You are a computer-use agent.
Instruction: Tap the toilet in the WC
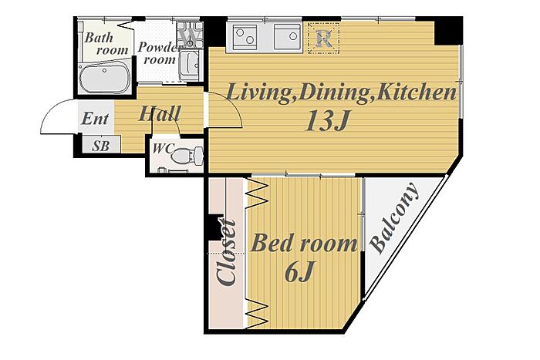point(187,155)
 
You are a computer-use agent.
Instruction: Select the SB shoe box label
point(100,146)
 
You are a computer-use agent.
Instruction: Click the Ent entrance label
point(95,119)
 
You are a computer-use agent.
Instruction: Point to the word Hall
point(159,113)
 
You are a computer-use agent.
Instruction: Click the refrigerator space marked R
point(324,38)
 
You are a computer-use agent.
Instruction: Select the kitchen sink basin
point(287,36)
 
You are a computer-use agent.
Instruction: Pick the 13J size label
point(327,121)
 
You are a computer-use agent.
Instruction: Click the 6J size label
point(299,271)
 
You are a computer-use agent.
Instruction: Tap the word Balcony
point(395,217)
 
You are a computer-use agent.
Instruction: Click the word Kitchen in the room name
point(417,93)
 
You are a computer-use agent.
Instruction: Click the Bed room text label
point(304,243)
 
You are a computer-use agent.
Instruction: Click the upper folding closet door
point(258,194)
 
